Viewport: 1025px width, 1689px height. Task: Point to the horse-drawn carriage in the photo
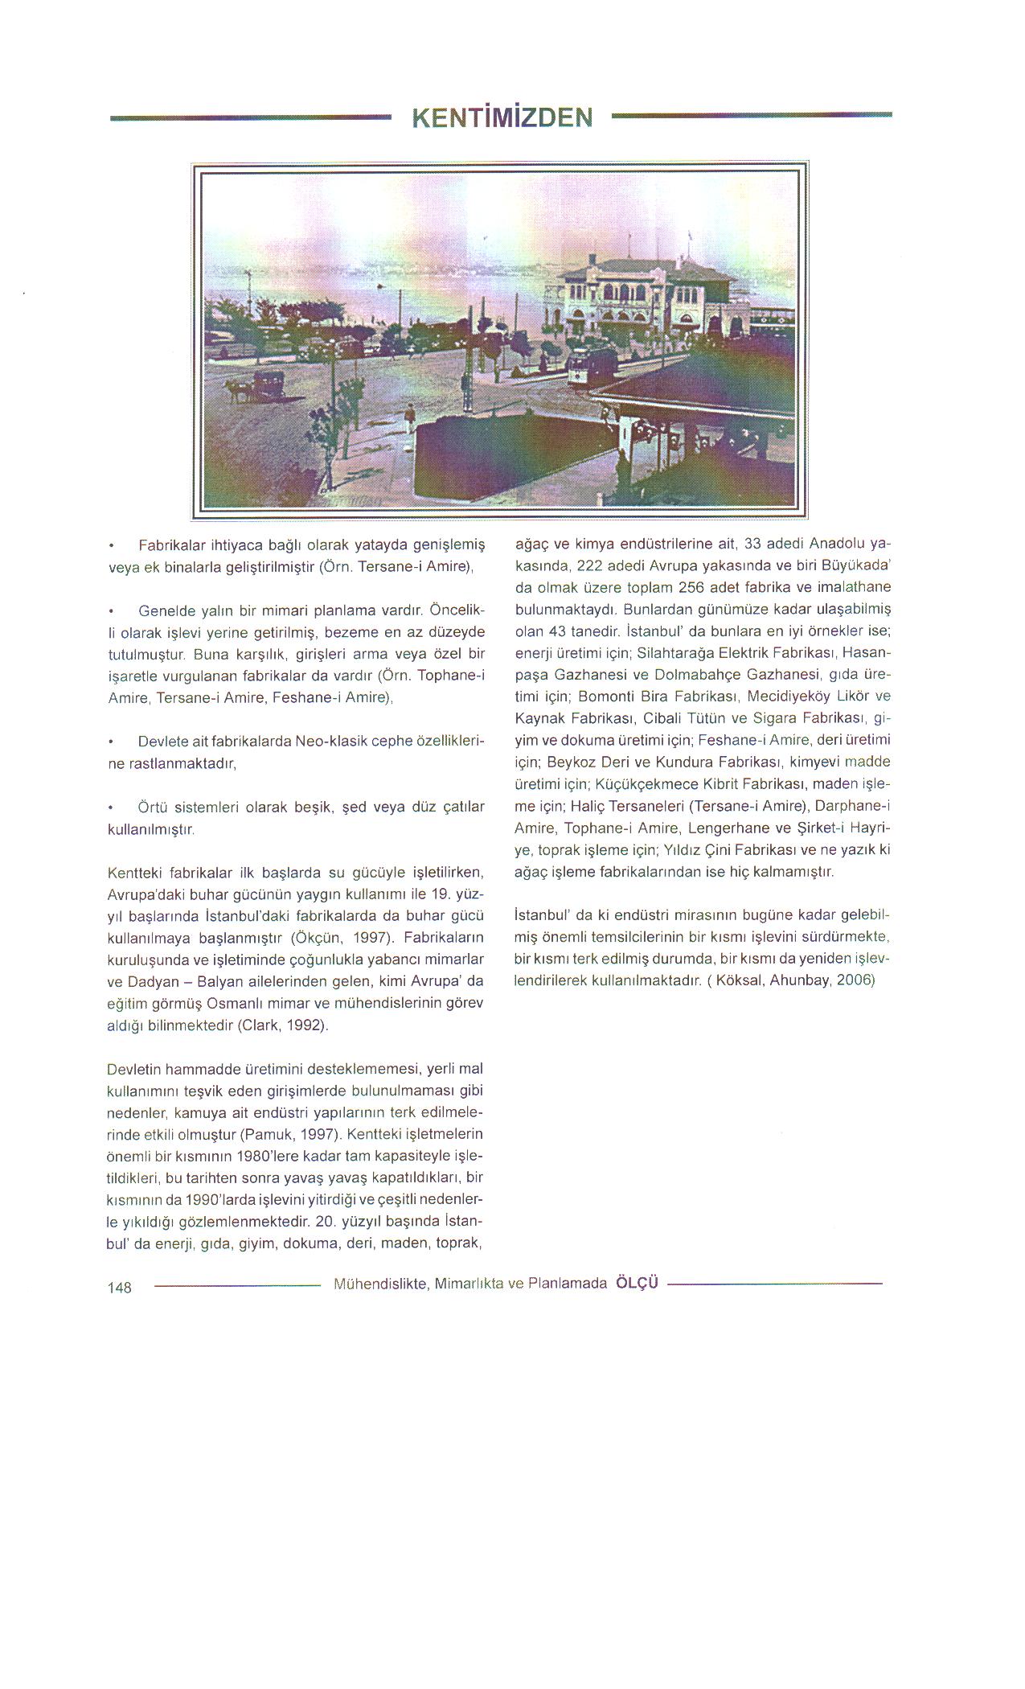point(269,383)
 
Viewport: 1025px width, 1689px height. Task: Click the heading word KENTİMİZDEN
point(502,118)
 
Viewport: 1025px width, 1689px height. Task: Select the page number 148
point(119,1288)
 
